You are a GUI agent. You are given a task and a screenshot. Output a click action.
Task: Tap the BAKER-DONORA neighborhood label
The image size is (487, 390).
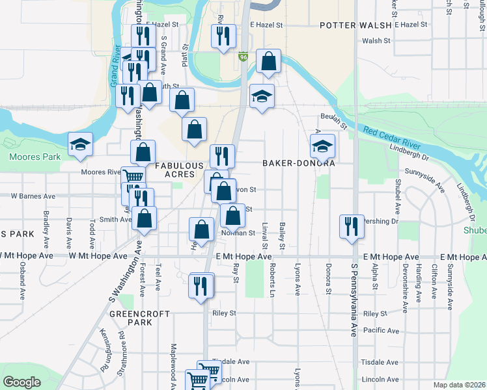(x=299, y=164)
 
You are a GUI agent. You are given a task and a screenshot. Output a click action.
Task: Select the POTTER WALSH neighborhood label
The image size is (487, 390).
(x=355, y=25)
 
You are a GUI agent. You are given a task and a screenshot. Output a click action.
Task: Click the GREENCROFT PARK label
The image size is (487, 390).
(x=140, y=318)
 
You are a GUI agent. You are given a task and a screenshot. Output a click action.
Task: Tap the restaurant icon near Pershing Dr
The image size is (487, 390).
(x=352, y=227)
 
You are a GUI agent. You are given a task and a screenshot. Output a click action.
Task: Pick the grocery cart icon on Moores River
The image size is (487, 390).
(x=133, y=176)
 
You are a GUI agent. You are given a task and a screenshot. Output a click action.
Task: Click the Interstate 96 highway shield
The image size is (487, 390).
(x=242, y=57)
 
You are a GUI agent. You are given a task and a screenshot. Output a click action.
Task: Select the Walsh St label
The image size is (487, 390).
(x=376, y=41)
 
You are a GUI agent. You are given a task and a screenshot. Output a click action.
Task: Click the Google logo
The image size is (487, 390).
(x=21, y=382)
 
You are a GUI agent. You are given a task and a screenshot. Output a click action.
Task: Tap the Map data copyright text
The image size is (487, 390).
(x=459, y=385)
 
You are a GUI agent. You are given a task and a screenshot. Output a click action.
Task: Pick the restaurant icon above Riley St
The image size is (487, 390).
(x=201, y=285)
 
